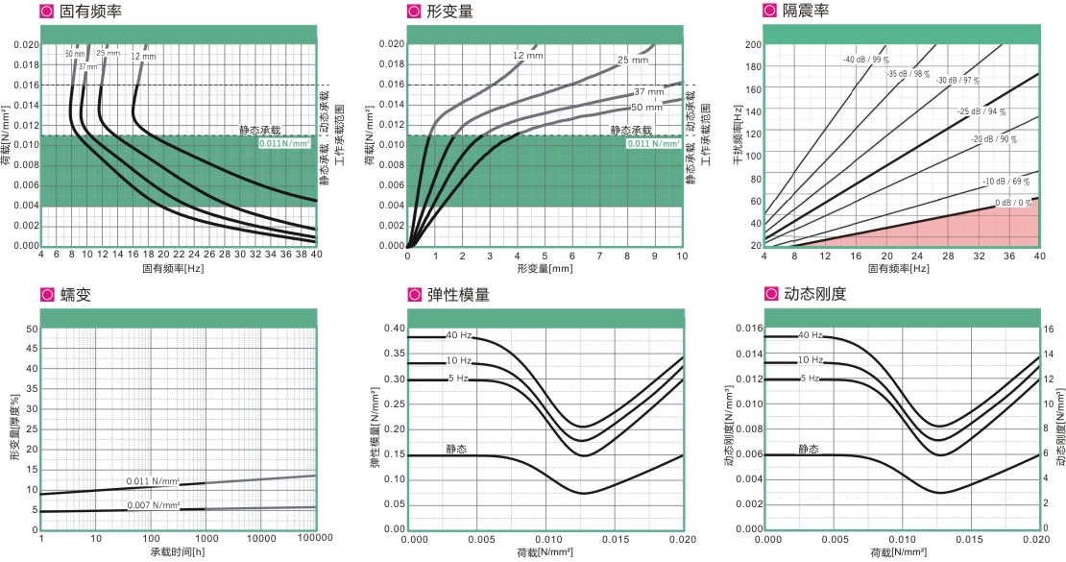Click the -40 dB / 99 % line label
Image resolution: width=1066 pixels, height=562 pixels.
point(865,60)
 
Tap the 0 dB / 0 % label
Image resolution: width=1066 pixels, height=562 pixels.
point(1013,203)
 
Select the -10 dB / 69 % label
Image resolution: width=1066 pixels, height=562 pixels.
point(1005,182)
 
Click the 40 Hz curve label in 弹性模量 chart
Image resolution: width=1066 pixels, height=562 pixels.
point(458,335)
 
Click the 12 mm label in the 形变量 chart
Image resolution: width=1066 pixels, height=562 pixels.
point(524,55)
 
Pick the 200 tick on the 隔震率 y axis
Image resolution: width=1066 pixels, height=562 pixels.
point(753,44)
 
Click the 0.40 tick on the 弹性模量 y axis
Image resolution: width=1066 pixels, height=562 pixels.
point(396,329)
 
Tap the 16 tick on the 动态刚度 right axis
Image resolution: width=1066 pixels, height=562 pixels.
point(1049,329)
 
